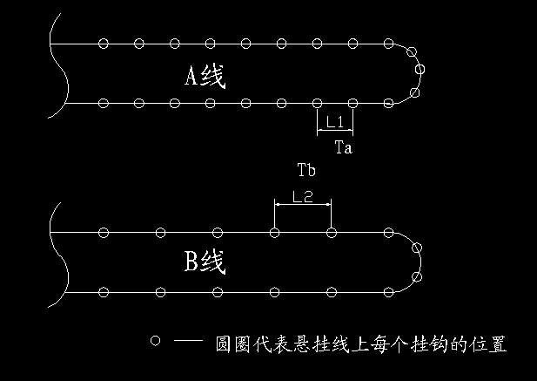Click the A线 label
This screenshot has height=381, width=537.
click(x=205, y=77)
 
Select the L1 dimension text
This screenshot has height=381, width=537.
click(x=333, y=123)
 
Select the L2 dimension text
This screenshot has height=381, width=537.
click(x=302, y=197)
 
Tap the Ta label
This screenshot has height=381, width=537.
click(x=343, y=148)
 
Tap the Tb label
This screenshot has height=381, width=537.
click(x=305, y=169)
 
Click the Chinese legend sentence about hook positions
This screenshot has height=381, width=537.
click(x=360, y=344)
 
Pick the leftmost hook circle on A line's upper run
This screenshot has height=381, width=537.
click(x=104, y=43)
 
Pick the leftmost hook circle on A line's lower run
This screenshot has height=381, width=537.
click(x=104, y=103)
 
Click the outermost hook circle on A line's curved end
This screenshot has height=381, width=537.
click(x=421, y=69)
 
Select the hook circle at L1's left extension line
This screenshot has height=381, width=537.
click(x=317, y=103)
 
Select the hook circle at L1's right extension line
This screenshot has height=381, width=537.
click(x=352, y=103)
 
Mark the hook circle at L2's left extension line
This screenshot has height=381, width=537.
click(x=275, y=233)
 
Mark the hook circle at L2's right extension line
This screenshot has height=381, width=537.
click(x=332, y=233)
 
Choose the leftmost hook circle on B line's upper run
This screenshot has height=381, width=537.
click(x=104, y=233)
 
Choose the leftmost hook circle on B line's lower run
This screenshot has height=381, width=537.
click(x=104, y=291)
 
